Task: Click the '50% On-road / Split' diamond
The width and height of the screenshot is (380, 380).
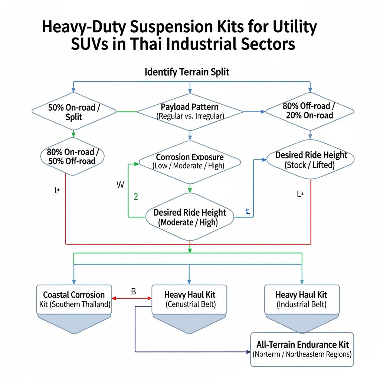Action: coord(74,111)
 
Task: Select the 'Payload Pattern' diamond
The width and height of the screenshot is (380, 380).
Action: coord(190,111)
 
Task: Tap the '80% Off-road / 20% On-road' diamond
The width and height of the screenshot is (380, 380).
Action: coord(310,110)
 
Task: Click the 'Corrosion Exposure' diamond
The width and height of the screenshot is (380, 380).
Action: coord(190,161)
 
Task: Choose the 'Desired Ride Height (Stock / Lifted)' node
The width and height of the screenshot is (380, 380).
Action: coord(311,160)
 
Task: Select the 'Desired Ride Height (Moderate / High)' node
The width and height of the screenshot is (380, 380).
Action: coord(190,217)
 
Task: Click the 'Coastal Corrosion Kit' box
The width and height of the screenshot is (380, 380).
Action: coord(74,299)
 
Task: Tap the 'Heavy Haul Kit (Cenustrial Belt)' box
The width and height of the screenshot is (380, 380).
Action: coord(190,299)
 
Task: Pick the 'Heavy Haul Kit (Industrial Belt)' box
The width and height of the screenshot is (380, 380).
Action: coord(301,299)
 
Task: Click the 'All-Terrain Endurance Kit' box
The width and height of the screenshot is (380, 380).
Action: coord(302,349)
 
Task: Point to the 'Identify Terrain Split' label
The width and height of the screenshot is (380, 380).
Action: coord(187,72)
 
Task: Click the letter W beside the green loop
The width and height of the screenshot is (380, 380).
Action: coord(120,185)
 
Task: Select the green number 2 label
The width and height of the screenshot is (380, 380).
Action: coord(135,197)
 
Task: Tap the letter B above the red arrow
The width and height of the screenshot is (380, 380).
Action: coord(134,291)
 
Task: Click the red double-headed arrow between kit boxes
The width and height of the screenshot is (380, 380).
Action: coord(132,298)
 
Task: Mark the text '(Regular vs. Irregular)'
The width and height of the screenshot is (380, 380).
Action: coord(190,116)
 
